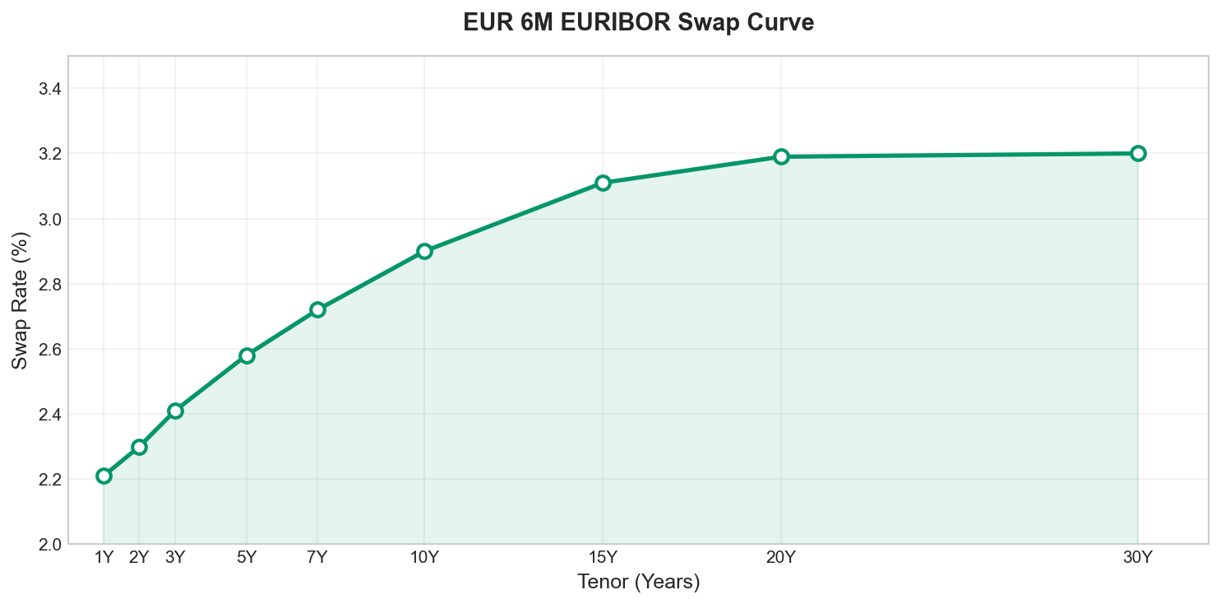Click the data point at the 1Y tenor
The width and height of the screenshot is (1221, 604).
[x=104, y=476]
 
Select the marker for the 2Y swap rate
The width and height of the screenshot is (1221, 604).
[x=139, y=447]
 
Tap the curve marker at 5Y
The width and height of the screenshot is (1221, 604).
[x=247, y=355]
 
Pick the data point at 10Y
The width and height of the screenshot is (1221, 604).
[x=424, y=251]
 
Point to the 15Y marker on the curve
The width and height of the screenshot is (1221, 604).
[x=603, y=183]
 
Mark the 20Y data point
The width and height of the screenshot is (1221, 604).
[x=781, y=156]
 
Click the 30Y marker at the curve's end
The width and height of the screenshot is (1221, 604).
[x=1138, y=153]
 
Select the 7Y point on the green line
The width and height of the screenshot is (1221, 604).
[x=317, y=309]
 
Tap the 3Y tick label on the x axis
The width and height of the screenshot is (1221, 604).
[x=175, y=558]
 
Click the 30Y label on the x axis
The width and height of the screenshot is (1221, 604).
[x=1138, y=558]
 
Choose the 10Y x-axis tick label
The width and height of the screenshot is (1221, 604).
[x=424, y=558]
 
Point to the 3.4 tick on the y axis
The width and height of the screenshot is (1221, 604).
[x=50, y=89]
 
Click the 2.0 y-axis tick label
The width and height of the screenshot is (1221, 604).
[x=50, y=544]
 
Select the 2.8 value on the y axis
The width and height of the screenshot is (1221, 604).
[x=50, y=284]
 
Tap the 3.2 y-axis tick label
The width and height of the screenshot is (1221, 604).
[x=50, y=154]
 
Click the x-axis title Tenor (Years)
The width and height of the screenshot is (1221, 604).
[x=638, y=583]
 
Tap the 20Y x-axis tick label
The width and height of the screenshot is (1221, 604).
[x=781, y=558]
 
